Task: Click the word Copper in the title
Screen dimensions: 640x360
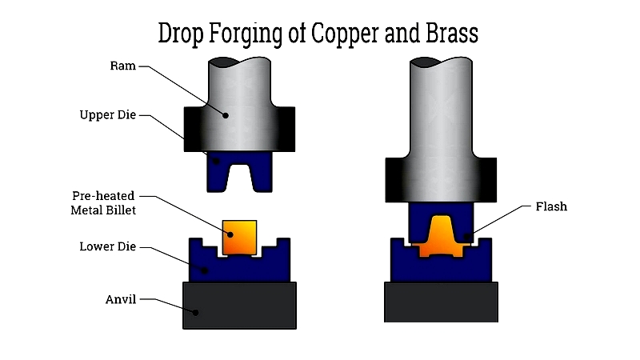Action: [345, 33]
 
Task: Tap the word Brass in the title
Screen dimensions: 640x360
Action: [452, 33]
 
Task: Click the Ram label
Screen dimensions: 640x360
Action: [123, 66]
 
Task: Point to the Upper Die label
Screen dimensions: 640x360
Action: [108, 115]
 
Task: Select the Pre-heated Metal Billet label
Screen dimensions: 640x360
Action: [103, 203]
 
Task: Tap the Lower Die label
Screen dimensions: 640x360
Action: [108, 246]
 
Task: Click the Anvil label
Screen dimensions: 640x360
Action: [121, 299]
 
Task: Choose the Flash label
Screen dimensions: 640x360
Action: [551, 206]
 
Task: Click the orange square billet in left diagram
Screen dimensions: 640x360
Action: [239, 238]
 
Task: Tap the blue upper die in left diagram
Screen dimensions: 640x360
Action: [239, 172]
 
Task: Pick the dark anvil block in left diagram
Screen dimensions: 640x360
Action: [239, 306]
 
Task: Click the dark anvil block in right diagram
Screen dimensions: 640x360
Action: [442, 302]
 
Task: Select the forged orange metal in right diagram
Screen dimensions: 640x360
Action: [441, 238]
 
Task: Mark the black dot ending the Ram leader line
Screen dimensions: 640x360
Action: [226, 115]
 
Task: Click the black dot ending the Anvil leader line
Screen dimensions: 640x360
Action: [195, 313]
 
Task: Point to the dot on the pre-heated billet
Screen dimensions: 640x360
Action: [230, 234]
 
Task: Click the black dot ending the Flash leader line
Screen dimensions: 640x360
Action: [468, 236]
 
